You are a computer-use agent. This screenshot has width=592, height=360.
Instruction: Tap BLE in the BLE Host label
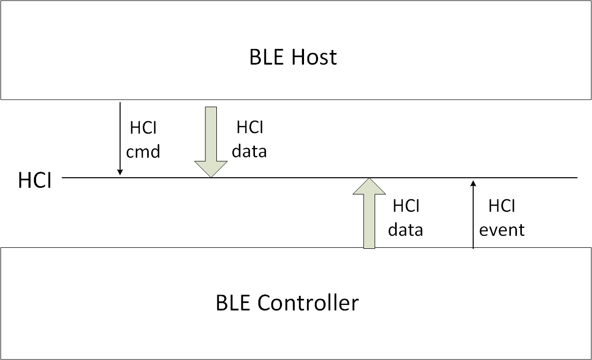click(265, 57)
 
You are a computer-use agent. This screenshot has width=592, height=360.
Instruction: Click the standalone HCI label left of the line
click(35, 180)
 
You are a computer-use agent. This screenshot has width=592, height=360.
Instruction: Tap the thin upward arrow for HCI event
click(473, 215)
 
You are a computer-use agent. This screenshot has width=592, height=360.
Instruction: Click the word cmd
click(143, 151)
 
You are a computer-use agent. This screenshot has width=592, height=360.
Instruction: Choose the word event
click(502, 230)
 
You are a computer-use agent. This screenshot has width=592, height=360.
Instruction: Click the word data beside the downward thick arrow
click(249, 151)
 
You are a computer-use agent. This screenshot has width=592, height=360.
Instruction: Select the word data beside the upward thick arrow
click(406, 230)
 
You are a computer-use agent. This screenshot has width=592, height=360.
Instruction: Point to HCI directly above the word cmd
click(143, 128)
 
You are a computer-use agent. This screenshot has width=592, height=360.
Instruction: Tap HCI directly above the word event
click(502, 206)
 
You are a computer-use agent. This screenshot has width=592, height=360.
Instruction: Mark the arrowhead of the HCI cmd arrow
click(120, 172)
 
